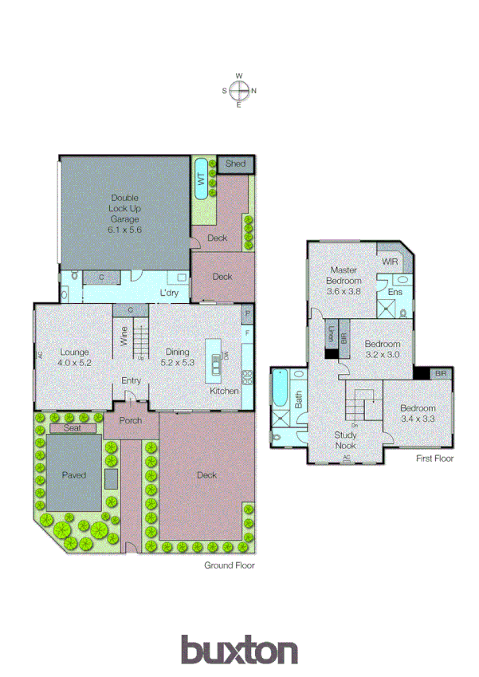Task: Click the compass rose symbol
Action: pos(239,90)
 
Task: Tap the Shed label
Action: pos(235,163)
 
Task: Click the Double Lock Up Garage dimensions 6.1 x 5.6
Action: pos(124,229)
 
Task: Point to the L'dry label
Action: pos(168,293)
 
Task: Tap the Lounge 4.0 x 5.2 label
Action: pos(73,356)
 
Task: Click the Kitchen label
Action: pos(224,392)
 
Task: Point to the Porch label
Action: pos(131,421)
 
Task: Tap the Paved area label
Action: pos(73,475)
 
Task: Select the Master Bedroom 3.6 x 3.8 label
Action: pos(344,281)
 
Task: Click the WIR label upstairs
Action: pos(390,262)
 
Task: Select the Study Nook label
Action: pos(345,439)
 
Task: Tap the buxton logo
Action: pos(239,651)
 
